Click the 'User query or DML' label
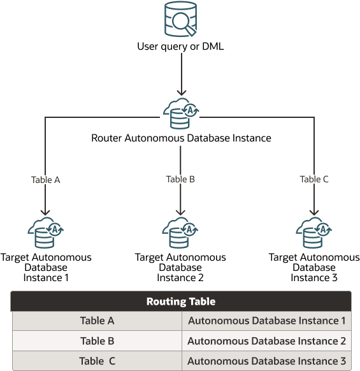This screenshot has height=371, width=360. tap(180, 47)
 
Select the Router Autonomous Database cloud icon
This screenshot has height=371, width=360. tap(180, 113)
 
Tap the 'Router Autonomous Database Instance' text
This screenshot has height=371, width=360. tap(181, 138)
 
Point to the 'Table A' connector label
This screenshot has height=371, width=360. tap(45, 180)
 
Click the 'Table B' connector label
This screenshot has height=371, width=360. tap(180, 179)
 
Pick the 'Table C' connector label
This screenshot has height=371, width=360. tap(314, 179)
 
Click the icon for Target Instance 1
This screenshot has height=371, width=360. tap(45, 233)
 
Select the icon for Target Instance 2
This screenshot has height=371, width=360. tap(180, 233)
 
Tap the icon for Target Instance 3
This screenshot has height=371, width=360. tap(314, 233)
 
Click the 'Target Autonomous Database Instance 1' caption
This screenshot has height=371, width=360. tap(46, 268)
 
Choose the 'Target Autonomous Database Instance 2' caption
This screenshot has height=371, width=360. tap(180, 268)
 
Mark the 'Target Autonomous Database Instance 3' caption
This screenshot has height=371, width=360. tap(314, 268)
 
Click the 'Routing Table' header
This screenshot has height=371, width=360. tap(181, 302)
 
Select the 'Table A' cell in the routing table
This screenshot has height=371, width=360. tap(97, 321)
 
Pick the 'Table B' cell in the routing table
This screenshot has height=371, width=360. tap(97, 341)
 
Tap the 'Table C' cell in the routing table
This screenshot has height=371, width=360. tap(97, 361)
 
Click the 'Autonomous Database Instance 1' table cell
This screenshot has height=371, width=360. tap(266, 321)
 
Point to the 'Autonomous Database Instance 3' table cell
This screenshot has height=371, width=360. tap(266, 361)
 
